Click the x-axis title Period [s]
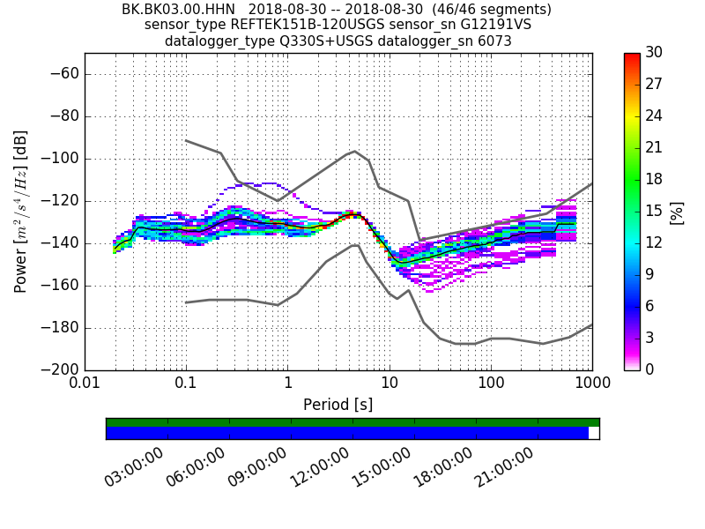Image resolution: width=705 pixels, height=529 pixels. tap(338, 405)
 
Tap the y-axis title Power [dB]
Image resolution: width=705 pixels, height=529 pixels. tap(21, 212)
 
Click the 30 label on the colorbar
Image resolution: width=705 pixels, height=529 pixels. tap(655, 53)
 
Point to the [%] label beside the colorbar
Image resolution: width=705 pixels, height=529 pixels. tap(677, 212)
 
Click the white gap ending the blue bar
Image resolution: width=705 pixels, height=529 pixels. tap(594, 433)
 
